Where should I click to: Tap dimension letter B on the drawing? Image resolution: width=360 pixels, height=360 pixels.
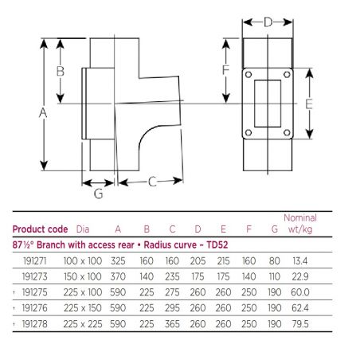(x=59, y=71)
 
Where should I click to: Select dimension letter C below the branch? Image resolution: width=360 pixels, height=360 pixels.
(x=151, y=182)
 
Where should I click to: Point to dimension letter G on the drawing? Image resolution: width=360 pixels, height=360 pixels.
(x=99, y=193)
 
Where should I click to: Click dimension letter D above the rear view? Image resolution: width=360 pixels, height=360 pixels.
(x=268, y=22)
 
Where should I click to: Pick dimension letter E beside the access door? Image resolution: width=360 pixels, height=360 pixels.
(x=310, y=104)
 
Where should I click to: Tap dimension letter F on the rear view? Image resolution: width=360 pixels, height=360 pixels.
(x=226, y=71)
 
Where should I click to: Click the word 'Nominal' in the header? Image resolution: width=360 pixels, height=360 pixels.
(x=300, y=218)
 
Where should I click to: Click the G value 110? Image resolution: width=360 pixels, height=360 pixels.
(x=275, y=276)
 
